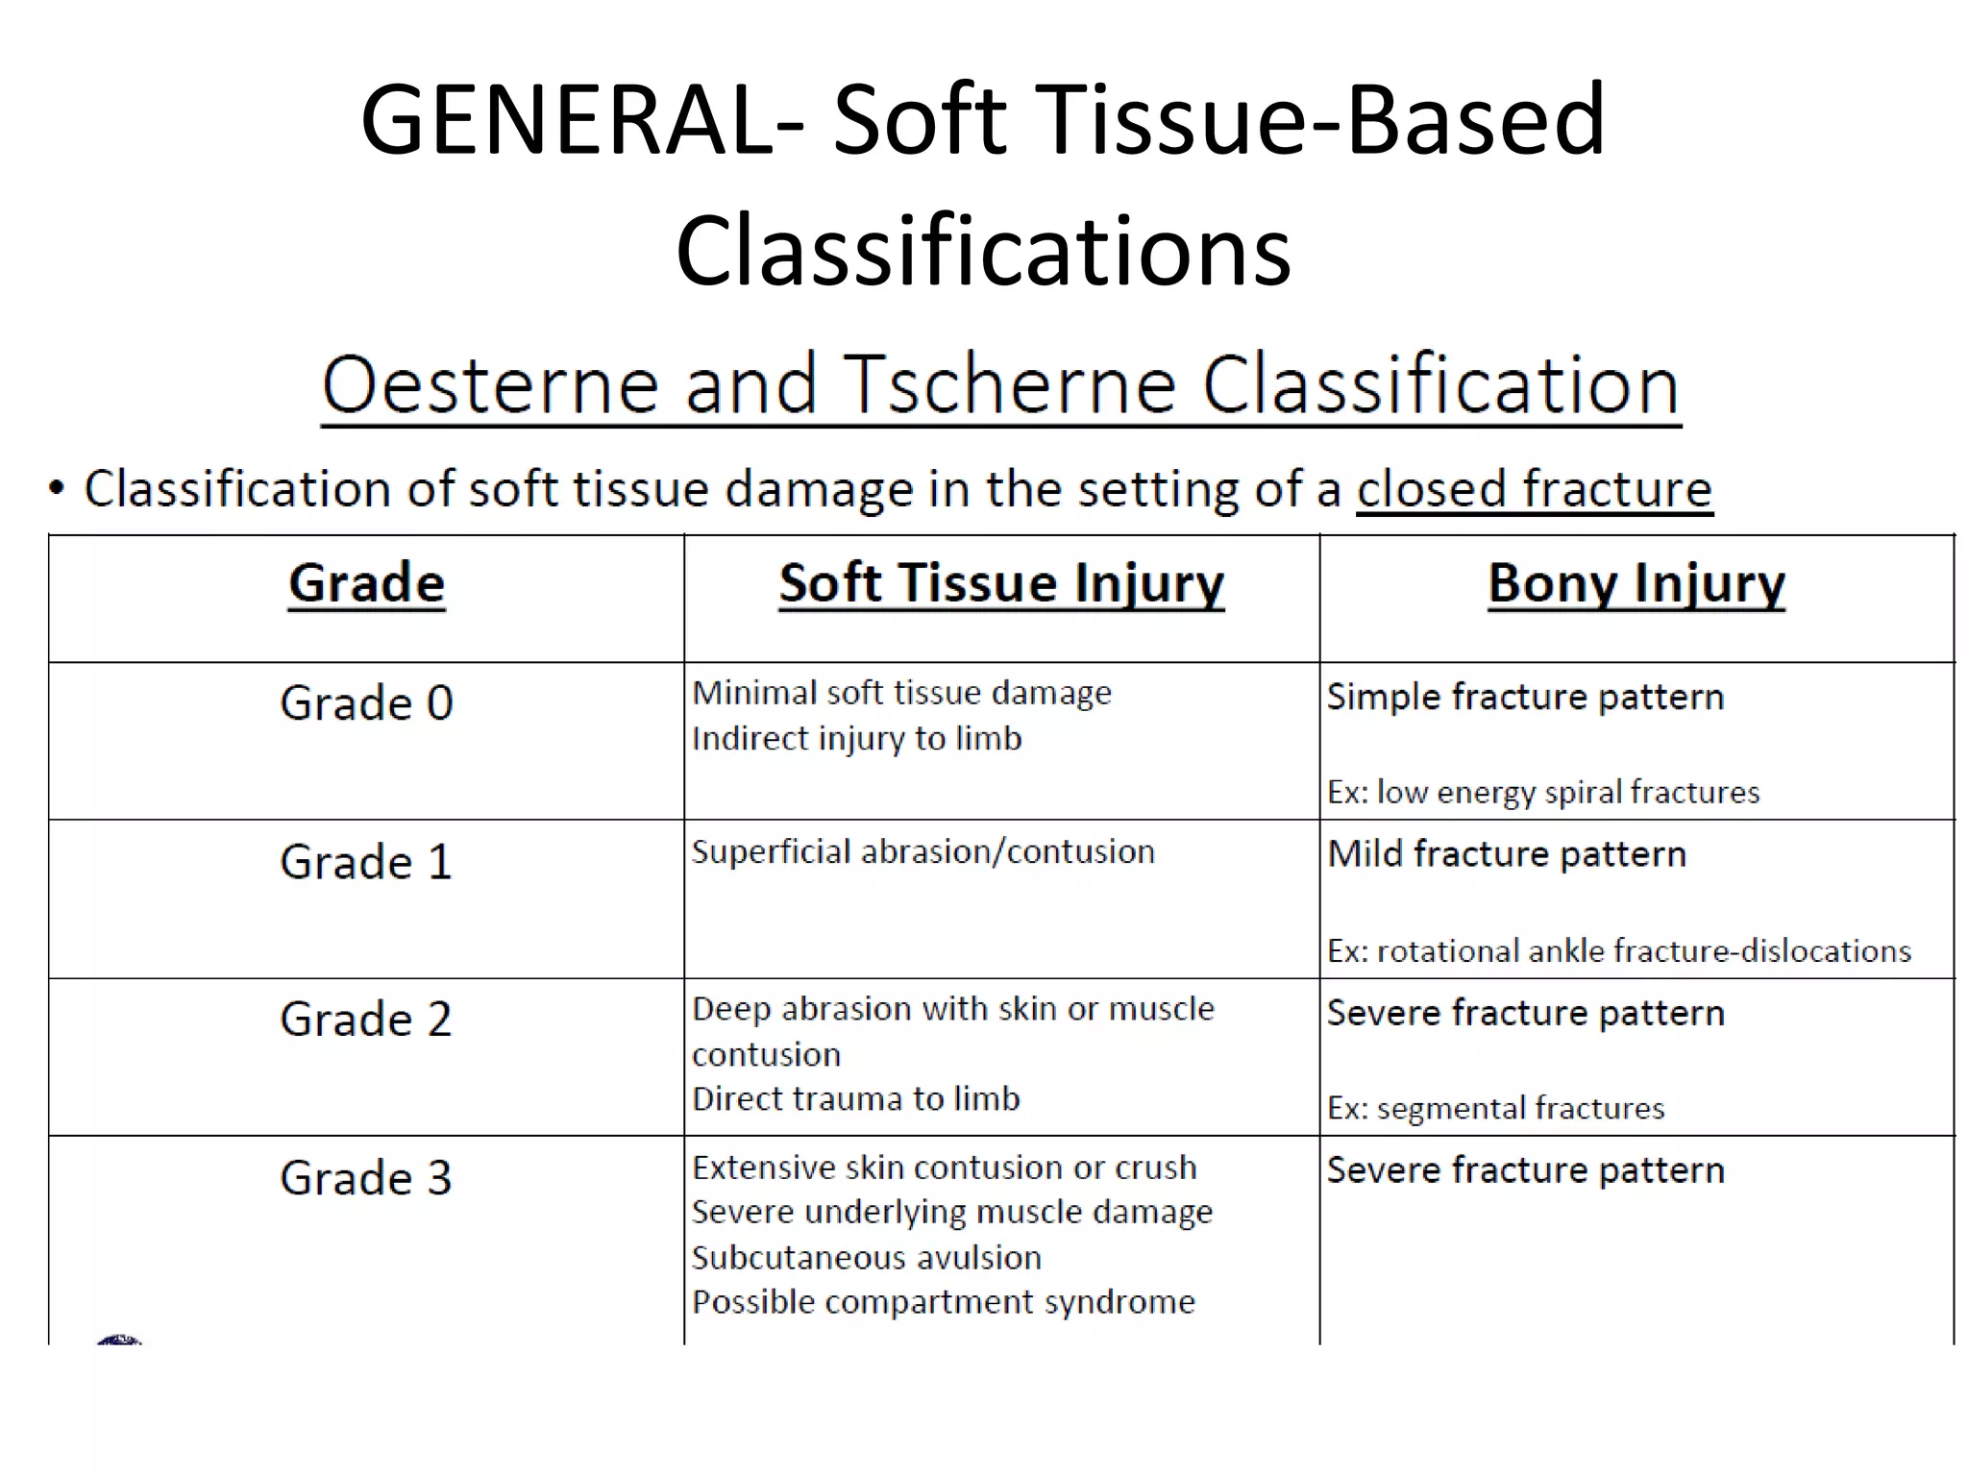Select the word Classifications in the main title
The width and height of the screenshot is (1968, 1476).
pyautogui.click(x=983, y=252)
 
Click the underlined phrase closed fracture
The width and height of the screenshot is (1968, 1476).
pyautogui.click(x=1534, y=489)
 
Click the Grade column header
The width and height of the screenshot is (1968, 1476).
pyautogui.click(x=366, y=583)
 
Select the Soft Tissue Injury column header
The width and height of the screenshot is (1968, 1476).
pyautogui.click(x=1001, y=583)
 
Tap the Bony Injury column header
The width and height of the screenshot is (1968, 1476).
pyautogui.click(x=1636, y=583)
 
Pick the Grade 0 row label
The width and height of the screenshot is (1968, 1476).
pyautogui.click(x=366, y=703)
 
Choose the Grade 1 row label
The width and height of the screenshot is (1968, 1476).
pyautogui.click(x=366, y=862)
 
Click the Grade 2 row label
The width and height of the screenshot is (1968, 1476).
pyautogui.click(x=366, y=1020)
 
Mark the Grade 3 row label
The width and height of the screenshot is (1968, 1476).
pyautogui.click(x=366, y=1178)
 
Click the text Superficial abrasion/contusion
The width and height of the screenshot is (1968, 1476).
pyautogui.click(x=922, y=852)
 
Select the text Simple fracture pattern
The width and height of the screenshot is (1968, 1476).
pyautogui.click(x=1525, y=697)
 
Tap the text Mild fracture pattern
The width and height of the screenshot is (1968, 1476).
pyautogui.click(x=1506, y=854)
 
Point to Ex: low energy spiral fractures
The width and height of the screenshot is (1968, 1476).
pyautogui.click(x=1543, y=793)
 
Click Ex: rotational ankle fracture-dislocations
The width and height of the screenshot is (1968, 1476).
pyautogui.click(x=1619, y=951)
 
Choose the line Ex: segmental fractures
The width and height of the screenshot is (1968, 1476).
pyautogui.click(x=1495, y=1109)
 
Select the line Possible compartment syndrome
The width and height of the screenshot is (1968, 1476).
pyautogui.click(x=943, y=1302)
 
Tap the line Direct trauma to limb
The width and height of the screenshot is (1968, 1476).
pyautogui.click(x=855, y=1099)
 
